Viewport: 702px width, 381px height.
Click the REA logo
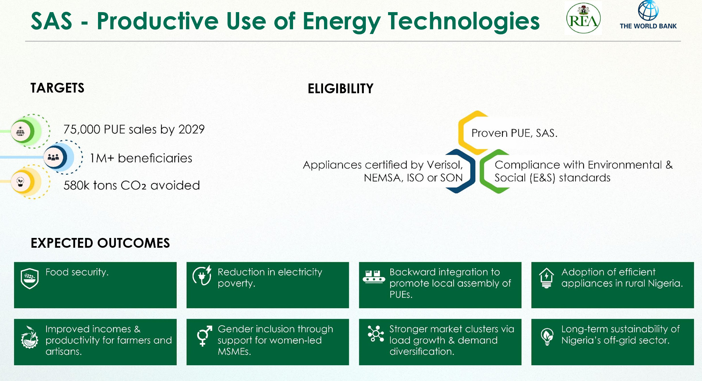[x=583, y=18]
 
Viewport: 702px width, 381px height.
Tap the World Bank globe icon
[x=648, y=10]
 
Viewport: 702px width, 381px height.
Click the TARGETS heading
[x=57, y=88]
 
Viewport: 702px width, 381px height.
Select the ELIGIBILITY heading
[x=341, y=89]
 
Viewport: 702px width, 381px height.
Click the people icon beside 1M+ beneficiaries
[x=53, y=157]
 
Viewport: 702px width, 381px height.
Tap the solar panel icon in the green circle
[x=20, y=131]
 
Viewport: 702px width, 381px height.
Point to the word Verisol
[x=445, y=165]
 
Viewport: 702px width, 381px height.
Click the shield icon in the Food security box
[x=30, y=279]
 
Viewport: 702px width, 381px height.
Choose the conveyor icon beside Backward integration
[x=374, y=276]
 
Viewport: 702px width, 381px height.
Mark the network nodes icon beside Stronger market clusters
[x=376, y=334]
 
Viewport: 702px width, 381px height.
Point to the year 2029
[x=191, y=129]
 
